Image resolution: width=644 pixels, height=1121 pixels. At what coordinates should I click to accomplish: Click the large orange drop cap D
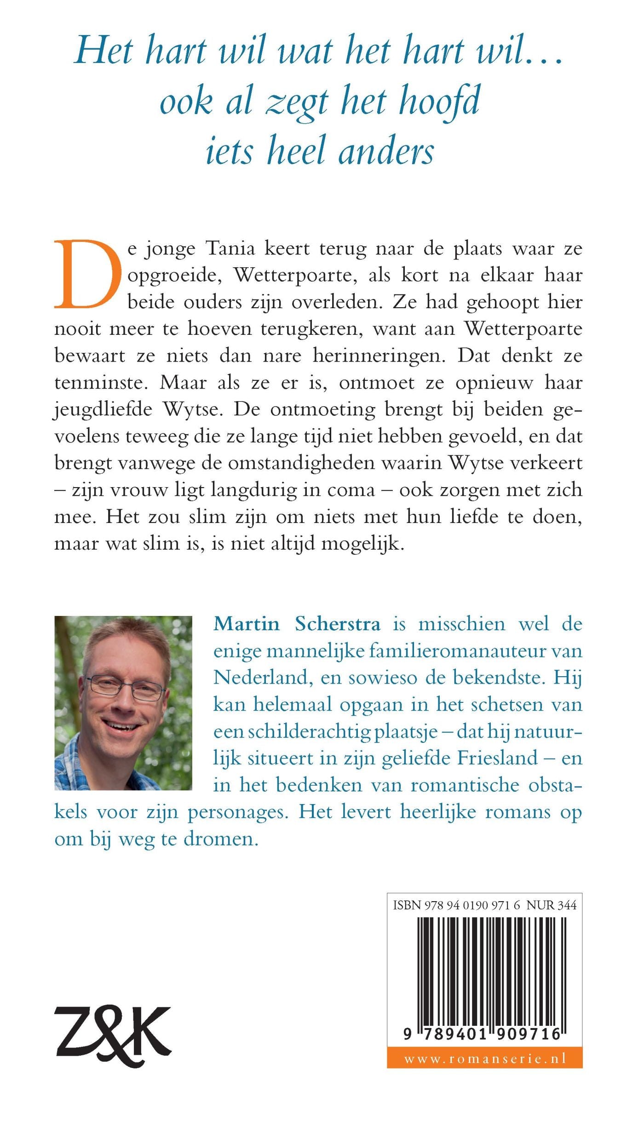tap(87, 274)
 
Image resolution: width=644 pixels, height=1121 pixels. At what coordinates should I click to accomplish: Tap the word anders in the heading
tap(386, 151)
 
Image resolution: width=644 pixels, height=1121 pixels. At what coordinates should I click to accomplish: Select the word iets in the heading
tap(229, 151)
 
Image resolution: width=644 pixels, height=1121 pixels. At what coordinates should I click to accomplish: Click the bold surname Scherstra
tap(338, 624)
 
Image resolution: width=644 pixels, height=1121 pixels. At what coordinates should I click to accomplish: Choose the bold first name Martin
tap(247, 624)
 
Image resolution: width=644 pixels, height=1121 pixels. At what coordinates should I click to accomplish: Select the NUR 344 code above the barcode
tap(551, 905)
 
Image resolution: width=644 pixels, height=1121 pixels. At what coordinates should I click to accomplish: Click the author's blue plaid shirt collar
tap(74, 759)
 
